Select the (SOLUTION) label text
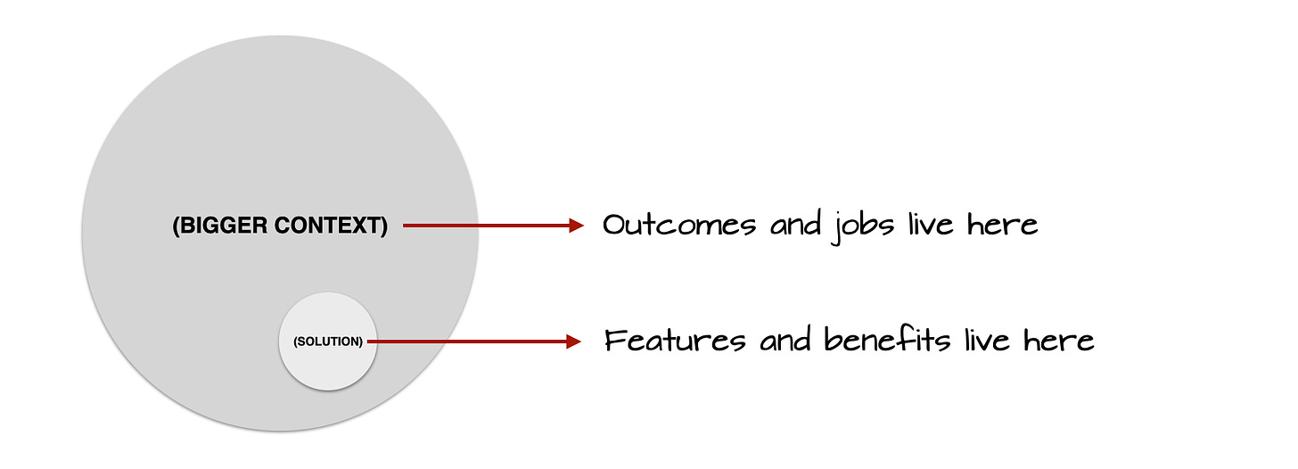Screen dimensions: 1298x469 coord(328,341)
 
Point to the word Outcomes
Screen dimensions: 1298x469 coord(679,225)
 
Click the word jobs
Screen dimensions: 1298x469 coord(863,226)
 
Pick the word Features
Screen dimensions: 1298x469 coord(675,341)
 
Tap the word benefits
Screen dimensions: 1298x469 coord(887,340)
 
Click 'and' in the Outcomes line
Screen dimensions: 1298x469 coord(794,225)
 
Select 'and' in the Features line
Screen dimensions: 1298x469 coord(785,341)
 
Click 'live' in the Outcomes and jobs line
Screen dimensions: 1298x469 coord(931,225)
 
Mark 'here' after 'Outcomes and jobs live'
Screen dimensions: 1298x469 coord(1002,225)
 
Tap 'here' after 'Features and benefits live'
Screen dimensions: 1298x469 coord(1059,341)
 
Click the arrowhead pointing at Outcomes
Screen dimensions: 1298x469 coord(577,226)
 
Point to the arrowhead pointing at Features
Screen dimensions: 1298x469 coord(574,341)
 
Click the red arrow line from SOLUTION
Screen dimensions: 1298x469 coord(474,341)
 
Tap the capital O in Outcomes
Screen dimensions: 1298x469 coord(615,225)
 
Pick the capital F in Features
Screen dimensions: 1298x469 coord(615,341)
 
